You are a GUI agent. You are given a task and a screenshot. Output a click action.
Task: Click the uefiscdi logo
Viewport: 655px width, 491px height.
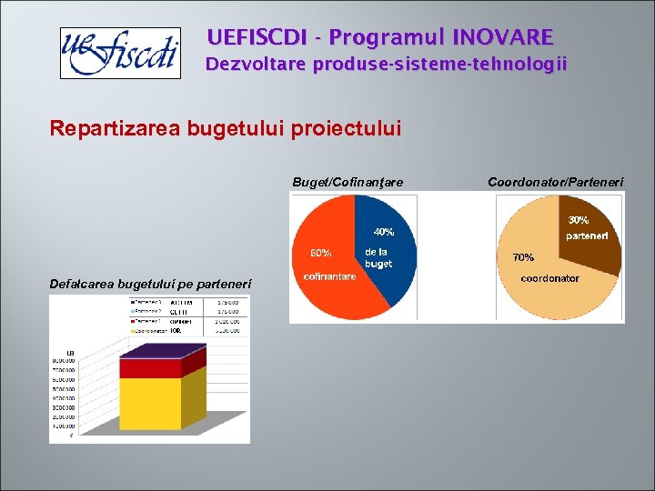[118, 53]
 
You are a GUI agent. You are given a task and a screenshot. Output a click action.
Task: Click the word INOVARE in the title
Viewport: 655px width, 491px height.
[508, 37]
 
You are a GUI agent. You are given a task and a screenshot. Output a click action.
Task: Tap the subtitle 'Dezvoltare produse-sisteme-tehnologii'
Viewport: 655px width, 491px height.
[386, 65]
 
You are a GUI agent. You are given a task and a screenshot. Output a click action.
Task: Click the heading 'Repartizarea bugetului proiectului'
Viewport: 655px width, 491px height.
[225, 129]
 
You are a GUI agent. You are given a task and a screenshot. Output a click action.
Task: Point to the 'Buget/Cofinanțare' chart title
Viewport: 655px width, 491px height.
[348, 183]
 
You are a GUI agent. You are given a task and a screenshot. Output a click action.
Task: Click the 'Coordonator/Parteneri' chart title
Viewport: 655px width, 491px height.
[556, 183]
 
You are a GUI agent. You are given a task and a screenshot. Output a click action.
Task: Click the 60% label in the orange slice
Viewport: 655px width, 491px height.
[320, 252]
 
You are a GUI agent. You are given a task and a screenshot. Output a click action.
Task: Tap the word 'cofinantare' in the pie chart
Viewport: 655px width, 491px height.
[329, 276]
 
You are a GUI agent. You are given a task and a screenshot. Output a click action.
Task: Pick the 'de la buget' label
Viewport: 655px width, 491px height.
[378, 257]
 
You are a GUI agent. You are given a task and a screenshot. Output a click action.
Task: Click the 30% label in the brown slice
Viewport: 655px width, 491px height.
[579, 219]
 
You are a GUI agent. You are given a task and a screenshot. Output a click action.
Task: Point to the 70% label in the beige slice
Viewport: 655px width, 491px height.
[524, 257]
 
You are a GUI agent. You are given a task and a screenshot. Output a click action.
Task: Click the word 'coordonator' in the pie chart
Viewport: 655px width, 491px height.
[549, 278]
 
